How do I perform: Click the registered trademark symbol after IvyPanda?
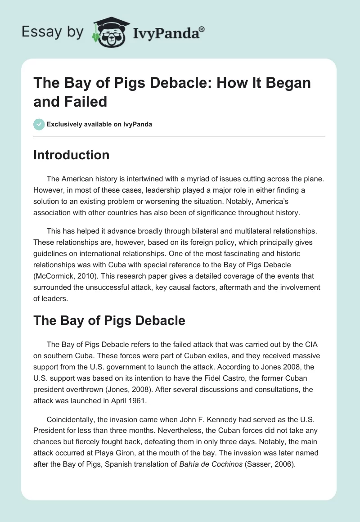pos(202,28)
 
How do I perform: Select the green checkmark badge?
pos(39,124)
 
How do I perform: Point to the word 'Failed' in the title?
pos(86,101)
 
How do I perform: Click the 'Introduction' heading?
pos(72,155)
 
